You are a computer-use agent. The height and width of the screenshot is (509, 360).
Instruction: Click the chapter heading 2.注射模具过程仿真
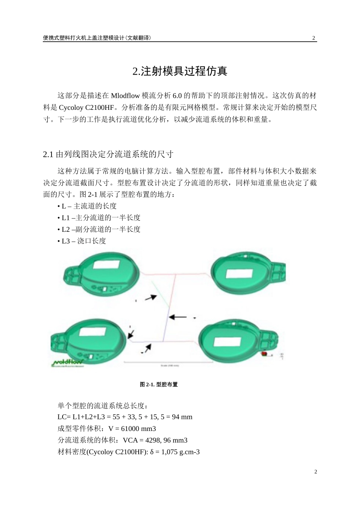180,71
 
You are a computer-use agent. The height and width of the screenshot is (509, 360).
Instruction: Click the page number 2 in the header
313,38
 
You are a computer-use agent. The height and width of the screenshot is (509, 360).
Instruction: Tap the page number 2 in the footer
315,472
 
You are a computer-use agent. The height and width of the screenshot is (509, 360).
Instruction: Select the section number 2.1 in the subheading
48,155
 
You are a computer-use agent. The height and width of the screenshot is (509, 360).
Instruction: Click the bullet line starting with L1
101,218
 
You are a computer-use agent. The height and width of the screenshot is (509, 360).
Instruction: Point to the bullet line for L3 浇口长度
84,241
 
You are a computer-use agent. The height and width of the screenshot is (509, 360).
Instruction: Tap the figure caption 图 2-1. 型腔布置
159,384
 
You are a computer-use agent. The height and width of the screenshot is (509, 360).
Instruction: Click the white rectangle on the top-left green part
106,264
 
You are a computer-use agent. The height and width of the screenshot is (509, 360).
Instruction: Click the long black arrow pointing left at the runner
177,317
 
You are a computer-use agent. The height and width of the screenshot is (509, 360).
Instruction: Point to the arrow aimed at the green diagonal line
151,298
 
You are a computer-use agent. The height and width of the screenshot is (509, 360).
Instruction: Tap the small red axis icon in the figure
265,354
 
